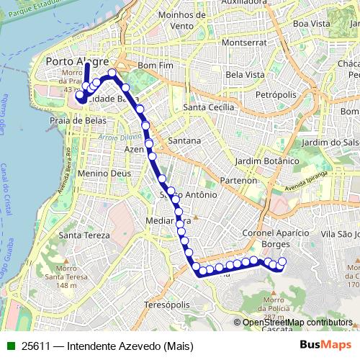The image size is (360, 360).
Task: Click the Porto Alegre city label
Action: (x=77, y=61)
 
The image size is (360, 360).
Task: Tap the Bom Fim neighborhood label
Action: (x=156, y=66)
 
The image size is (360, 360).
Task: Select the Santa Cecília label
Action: (x=210, y=107)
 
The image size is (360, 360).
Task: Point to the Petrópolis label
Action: (x=276, y=94)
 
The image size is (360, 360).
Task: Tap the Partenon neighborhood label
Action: (x=240, y=180)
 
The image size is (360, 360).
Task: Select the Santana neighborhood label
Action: (x=184, y=140)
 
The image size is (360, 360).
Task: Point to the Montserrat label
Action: (x=243, y=42)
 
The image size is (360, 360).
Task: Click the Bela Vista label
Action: (x=245, y=75)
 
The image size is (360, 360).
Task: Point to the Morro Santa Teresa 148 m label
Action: (x=60, y=277)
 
